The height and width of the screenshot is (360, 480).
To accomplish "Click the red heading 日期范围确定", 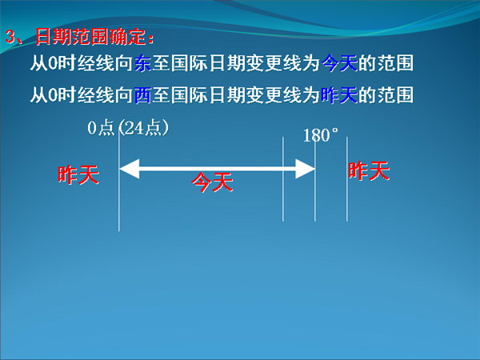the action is pos(90,37).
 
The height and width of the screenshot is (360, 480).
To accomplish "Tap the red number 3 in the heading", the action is pos(10,37).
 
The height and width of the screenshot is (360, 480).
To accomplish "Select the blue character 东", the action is pos(142,63).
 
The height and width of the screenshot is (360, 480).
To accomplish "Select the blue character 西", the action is pos(142,94).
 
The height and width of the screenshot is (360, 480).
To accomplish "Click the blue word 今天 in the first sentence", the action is pos(339,63).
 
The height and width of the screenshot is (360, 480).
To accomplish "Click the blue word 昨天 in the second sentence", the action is pos(339,94).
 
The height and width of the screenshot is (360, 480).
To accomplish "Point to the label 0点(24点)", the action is pos(128,128).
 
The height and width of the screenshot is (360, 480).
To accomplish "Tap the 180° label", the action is pos(321,135).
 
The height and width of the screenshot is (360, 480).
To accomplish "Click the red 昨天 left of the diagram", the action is pos(78,174).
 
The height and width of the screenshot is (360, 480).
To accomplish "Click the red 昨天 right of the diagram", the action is pos(369,170).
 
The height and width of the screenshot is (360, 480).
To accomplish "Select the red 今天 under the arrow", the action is pos(212,182).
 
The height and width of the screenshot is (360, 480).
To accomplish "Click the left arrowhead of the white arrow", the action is pos(130,169).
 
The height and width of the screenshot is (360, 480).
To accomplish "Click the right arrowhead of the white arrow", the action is pos(305,169).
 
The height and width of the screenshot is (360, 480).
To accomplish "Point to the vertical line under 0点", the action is pos(119,181).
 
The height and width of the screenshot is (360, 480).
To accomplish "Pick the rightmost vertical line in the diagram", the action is pos(347,179).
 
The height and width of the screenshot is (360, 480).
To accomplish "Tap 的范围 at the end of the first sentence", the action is pos(386,63).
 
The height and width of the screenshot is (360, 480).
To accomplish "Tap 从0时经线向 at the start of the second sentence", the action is pos(82,94).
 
